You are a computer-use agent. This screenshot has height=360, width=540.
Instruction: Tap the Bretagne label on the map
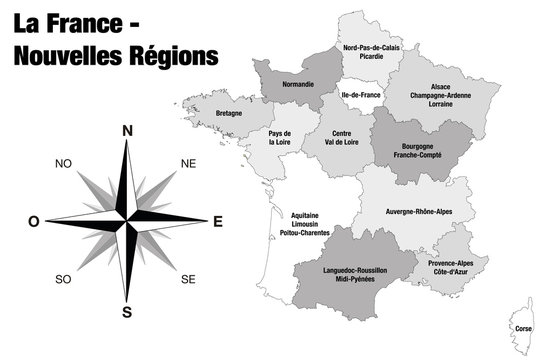[229, 114]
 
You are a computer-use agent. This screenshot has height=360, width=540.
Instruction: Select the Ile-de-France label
[361, 95]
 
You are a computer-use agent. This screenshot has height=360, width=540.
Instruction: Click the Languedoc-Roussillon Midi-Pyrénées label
[357, 275]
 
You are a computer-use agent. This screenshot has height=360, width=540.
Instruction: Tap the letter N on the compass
[127, 131]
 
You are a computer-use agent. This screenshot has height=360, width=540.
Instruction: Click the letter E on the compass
[217, 221]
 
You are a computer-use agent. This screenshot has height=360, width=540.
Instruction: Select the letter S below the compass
[127, 311]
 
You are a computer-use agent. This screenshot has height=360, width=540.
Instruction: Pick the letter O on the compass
[35, 221]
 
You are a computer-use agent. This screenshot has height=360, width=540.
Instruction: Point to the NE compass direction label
[187, 163]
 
